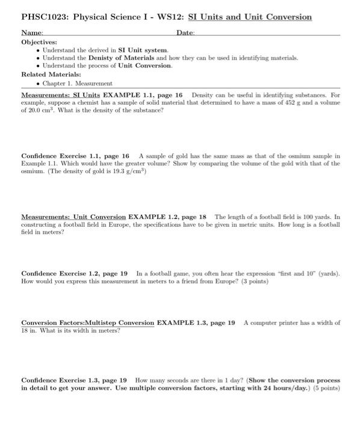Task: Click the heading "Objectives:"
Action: (39, 42)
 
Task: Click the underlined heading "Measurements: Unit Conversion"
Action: (73, 216)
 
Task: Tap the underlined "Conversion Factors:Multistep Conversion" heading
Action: (87, 322)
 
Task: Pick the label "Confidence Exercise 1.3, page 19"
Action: (73, 380)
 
